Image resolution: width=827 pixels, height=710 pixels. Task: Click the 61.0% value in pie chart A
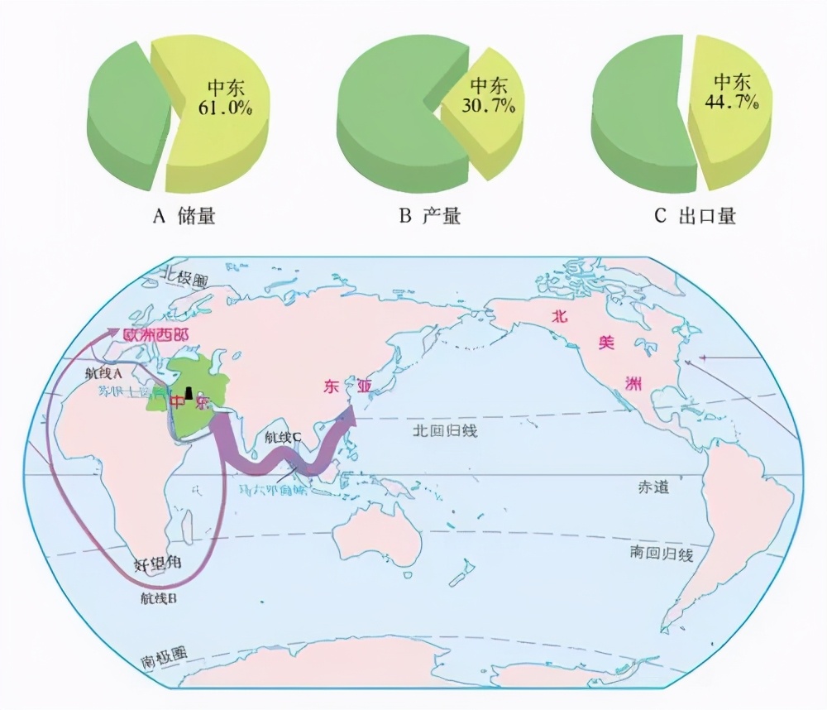[225, 107]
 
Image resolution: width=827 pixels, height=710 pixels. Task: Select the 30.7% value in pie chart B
[492, 106]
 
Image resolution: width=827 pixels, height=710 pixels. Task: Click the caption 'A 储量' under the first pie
[184, 217]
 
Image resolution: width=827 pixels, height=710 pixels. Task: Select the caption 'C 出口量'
[695, 217]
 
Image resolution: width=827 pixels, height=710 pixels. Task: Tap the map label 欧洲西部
[155, 335]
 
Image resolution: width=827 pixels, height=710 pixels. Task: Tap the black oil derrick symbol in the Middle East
[189, 393]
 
